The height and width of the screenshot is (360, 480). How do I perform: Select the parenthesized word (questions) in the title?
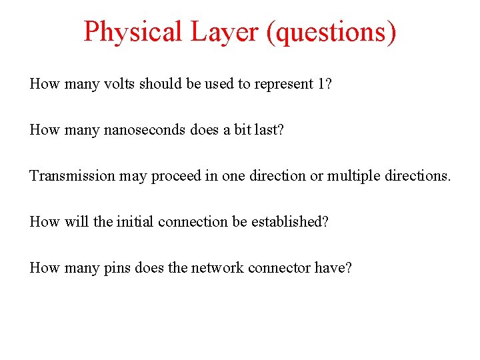click(x=331, y=31)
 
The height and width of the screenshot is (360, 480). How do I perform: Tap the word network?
click(x=217, y=268)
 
